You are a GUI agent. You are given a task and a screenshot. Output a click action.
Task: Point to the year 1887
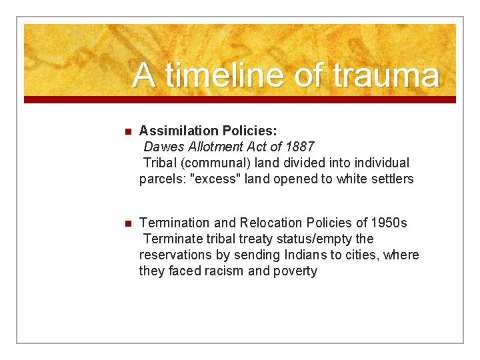(x=299, y=146)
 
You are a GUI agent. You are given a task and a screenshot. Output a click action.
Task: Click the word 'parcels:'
(x=163, y=179)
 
